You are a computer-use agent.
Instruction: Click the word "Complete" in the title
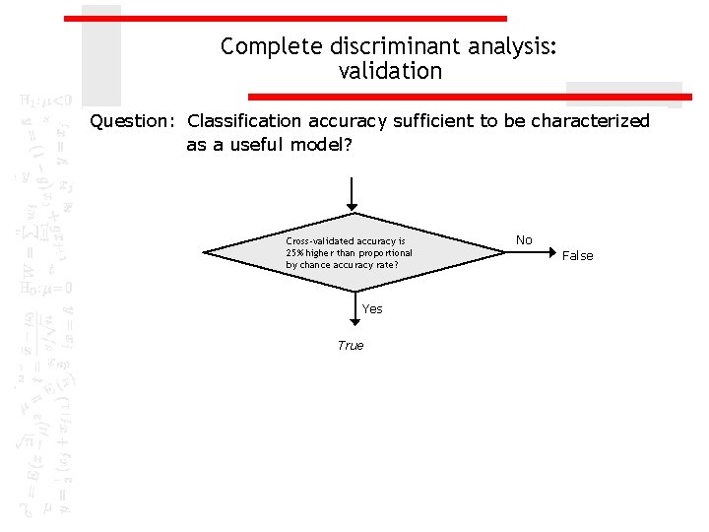(259, 47)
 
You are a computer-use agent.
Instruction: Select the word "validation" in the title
(390, 72)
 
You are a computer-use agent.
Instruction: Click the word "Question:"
(131, 121)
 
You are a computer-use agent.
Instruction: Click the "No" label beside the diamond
(524, 240)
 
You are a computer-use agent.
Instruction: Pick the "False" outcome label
(577, 256)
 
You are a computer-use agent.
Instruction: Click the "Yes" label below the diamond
(372, 309)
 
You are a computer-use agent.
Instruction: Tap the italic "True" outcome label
(351, 346)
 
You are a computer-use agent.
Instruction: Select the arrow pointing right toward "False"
(532, 252)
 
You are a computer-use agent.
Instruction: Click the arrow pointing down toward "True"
(354, 310)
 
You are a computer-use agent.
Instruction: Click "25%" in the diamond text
(294, 253)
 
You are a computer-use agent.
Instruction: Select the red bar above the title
(286, 18)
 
